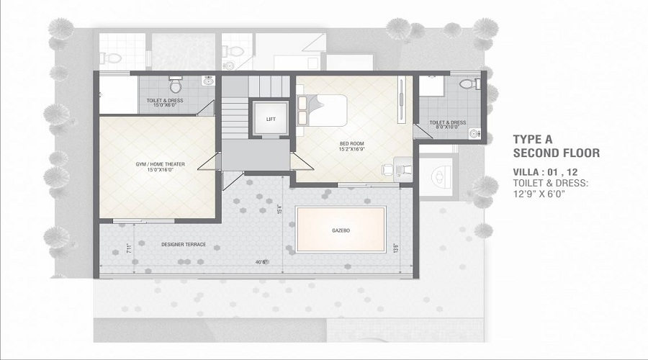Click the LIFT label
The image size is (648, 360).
(270, 119)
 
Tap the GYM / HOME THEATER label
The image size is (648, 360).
(161, 165)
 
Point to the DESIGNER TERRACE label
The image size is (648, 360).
(184, 245)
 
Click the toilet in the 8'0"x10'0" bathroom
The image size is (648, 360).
(469, 84)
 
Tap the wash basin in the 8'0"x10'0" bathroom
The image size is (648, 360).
(474, 132)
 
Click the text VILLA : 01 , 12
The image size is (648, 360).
(546, 172)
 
